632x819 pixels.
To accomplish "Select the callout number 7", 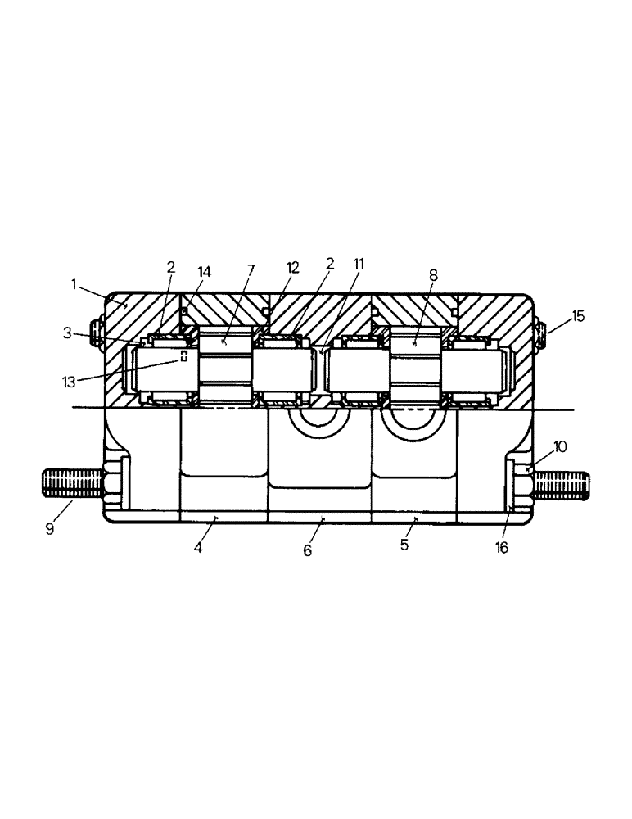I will pyautogui.click(x=251, y=269).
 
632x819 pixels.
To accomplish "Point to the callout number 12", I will pyautogui.click(x=292, y=267).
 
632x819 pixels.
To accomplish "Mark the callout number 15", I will pyautogui.click(x=578, y=316).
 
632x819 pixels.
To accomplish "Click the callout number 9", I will pyautogui.click(x=49, y=529).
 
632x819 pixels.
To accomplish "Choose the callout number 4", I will pyautogui.click(x=197, y=547).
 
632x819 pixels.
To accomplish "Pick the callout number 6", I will pyautogui.click(x=308, y=551).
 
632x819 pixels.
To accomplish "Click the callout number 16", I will pyautogui.click(x=502, y=548).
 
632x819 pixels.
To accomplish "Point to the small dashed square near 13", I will pyautogui.click(x=184, y=356).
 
